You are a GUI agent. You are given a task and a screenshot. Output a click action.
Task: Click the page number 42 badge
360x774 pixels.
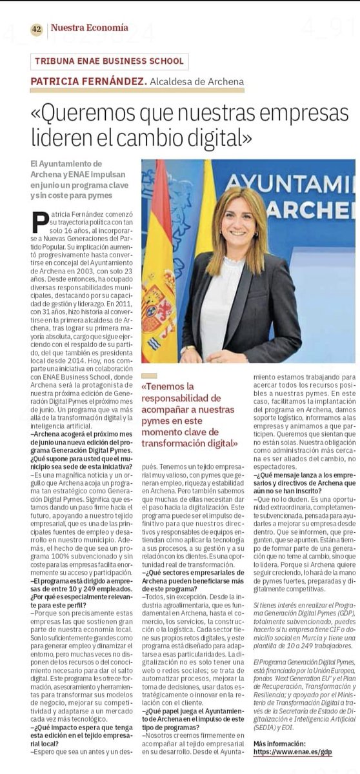pyautogui.click(x=36, y=29)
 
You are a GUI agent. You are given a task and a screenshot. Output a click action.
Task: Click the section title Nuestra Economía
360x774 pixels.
pyautogui.click(x=89, y=28)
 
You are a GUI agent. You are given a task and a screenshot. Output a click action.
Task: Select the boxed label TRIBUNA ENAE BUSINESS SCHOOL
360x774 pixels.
pyautogui.click(x=110, y=61)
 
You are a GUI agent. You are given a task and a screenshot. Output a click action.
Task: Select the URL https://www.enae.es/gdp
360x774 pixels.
pyautogui.click(x=293, y=752)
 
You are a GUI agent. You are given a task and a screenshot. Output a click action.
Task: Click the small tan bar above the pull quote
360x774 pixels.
pyautogui.click(x=149, y=375)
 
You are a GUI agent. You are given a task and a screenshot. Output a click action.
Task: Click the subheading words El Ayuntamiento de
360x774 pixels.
pyautogui.click(x=66, y=164)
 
